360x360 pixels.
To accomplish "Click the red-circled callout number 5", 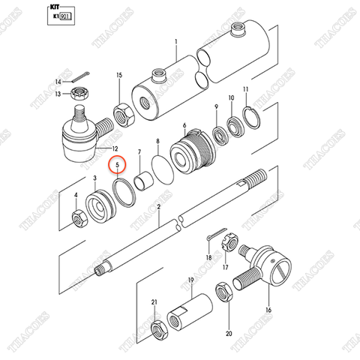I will point(116,169).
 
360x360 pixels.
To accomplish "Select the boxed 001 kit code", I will point(65,15).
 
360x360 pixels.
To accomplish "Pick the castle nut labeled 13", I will point(76,94).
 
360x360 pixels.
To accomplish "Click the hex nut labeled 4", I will point(76,218).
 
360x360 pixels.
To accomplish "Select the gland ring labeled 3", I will point(97,206).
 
